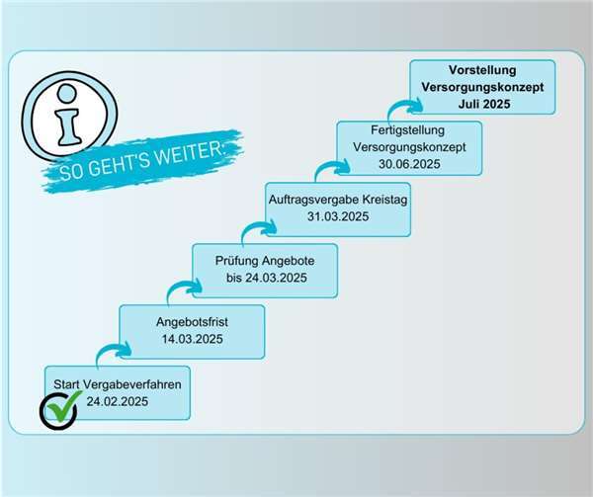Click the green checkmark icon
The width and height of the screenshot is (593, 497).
[x=62, y=407]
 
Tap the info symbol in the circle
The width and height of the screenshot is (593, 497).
[x=68, y=116]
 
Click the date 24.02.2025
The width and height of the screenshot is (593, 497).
[x=118, y=401]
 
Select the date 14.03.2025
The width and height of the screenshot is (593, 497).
[x=192, y=339]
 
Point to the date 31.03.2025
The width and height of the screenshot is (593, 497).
[x=338, y=216]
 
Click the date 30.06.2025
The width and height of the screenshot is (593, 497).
[x=409, y=164]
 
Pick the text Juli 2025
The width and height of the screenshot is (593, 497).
[x=484, y=104]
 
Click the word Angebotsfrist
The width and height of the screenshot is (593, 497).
[x=192, y=322]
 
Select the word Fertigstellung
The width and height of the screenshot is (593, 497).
[x=407, y=130]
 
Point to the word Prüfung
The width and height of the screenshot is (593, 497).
[x=237, y=261]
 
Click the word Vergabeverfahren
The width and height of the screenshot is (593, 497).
[x=132, y=384]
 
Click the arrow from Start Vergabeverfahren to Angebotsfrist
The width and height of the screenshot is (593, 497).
[x=113, y=348]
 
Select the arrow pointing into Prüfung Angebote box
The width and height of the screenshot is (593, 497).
[x=184, y=288]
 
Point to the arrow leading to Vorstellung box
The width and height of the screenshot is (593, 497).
[x=404, y=104]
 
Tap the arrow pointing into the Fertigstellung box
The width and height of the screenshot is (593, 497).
[x=332, y=165]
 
